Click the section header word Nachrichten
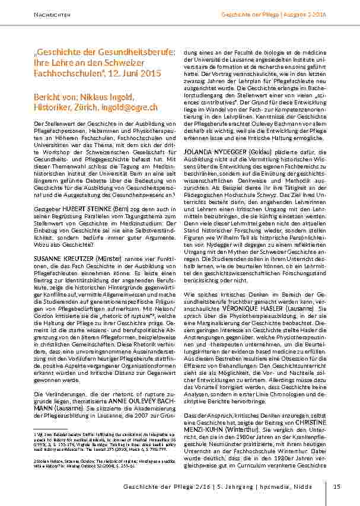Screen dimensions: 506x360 pyautogui.click(x=49, y=14)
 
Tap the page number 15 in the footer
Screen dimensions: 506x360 pyautogui.click(x=336, y=487)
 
